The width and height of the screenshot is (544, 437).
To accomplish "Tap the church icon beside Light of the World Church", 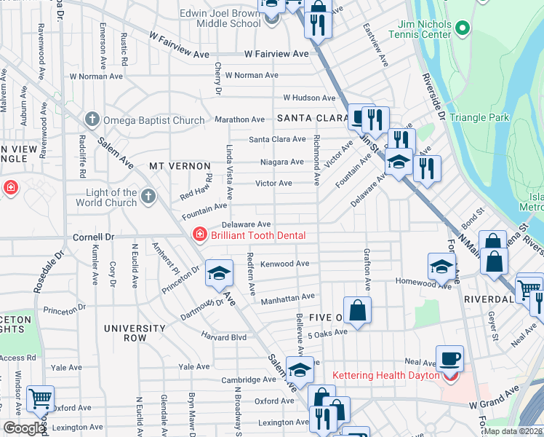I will coord(148,196).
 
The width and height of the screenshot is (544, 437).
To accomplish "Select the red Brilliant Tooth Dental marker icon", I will coord(198,235).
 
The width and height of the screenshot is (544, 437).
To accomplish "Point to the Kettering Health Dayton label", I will coord(385,376).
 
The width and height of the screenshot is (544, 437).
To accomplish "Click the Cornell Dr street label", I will coord(94,237).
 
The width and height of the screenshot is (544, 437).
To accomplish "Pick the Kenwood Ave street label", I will coord(288,264).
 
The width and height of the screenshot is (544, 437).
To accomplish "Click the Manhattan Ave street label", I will coord(288,297).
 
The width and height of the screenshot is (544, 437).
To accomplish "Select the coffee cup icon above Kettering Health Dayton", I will coord(449,358).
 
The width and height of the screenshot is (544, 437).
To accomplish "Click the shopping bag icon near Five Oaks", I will coord(358,310).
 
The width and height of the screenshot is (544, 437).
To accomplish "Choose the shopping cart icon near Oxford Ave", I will coord(40,398).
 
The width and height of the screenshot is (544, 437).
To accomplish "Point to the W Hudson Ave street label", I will coord(309,98).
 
